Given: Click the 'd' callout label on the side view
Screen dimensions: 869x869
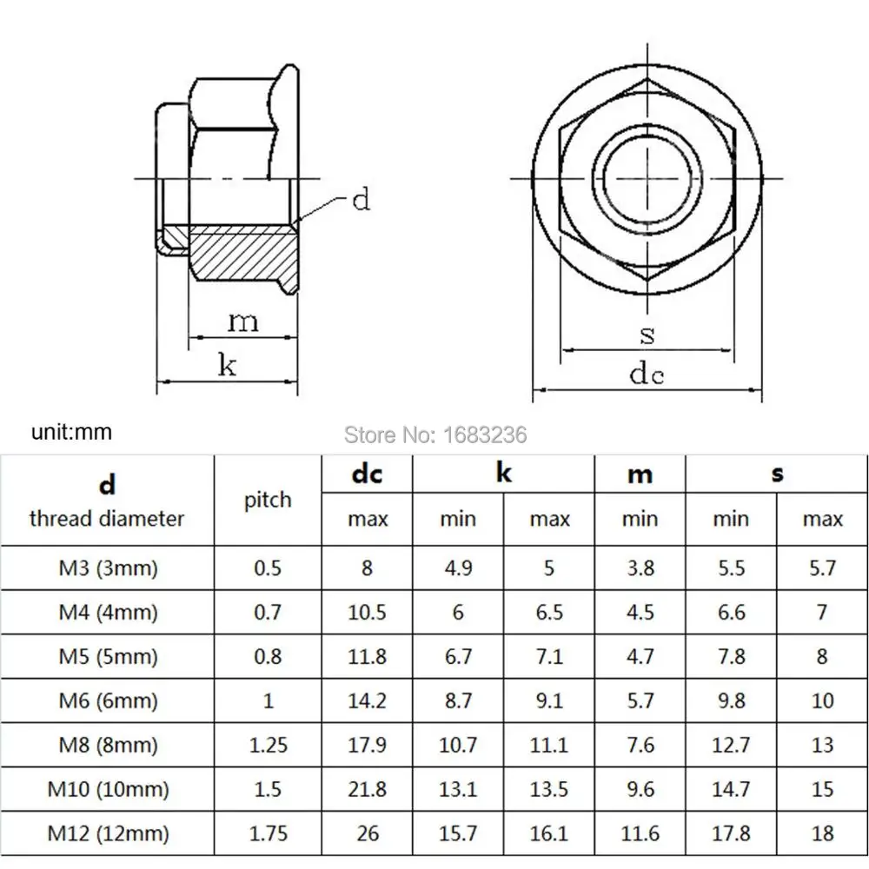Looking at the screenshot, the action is pos(361,199).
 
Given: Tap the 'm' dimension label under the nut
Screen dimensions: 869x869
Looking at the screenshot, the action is pos(243,322).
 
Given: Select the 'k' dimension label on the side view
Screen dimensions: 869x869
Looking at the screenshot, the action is pos(227,365).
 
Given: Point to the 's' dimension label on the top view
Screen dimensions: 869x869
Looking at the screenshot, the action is pos(647,335).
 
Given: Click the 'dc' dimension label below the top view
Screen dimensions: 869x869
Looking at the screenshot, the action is pos(647,373).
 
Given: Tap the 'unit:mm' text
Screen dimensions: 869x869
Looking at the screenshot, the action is pos(71,432).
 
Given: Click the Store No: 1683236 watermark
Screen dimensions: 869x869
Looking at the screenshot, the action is pos(435,434).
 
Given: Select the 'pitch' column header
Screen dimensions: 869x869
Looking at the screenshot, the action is pos(268,501).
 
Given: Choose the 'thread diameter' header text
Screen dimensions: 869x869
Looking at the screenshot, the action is pos(107,519).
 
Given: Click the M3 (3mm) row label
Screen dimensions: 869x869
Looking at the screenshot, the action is pos(108,568).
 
